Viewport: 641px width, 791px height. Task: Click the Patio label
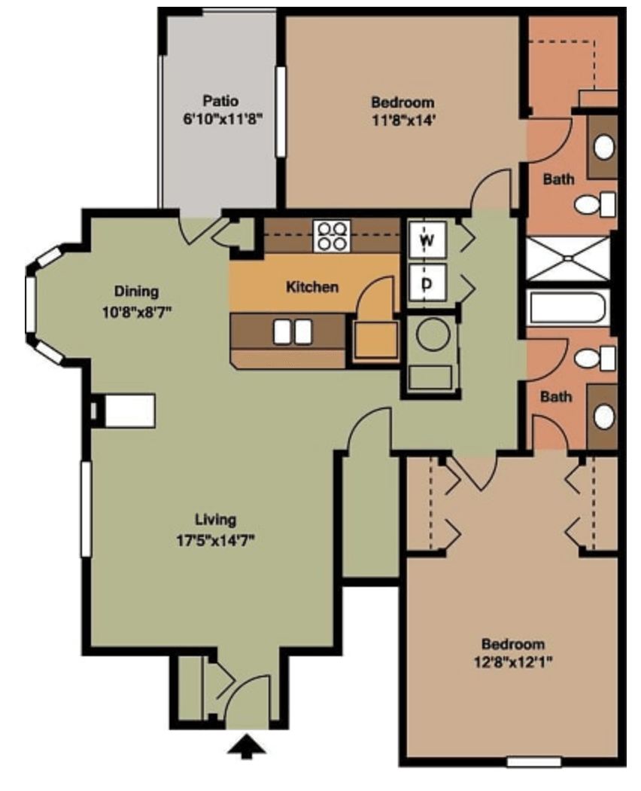point(220,101)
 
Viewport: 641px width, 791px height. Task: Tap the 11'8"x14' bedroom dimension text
point(403,121)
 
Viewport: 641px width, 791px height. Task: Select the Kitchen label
point(312,287)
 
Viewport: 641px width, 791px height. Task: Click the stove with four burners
point(332,236)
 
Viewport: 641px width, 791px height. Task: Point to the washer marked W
point(427,240)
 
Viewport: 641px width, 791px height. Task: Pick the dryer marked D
point(427,283)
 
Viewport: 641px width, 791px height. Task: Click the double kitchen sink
point(292,332)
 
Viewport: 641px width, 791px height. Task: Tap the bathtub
point(567,307)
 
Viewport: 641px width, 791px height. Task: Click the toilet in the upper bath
point(594,204)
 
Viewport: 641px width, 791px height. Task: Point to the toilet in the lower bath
point(594,358)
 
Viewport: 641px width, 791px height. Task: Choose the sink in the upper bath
point(603,147)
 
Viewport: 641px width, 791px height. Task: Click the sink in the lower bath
point(603,417)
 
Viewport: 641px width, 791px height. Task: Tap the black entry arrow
point(247,747)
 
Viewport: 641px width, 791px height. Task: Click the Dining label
point(137,291)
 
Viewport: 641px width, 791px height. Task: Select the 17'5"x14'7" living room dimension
point(215,541)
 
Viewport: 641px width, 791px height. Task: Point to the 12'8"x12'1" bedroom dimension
point(513,661)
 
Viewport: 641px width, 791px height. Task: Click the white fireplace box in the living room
point(129,411)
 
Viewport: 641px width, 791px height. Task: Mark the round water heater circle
point(433,334)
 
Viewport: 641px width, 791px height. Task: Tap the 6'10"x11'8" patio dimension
point(223,119)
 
